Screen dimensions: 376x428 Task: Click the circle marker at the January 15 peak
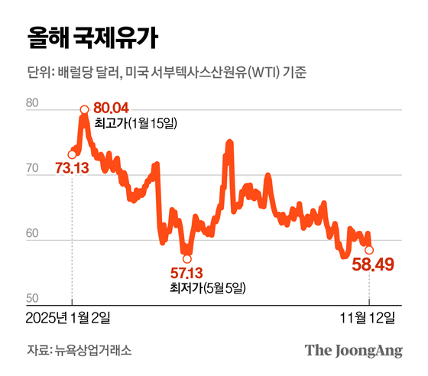tap(83, 109)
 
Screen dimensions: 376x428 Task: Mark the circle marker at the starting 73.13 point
tap(72, 154)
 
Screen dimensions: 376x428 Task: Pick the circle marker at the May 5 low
tap(187, 258)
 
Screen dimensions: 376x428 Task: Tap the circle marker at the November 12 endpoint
tap(369, 250)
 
